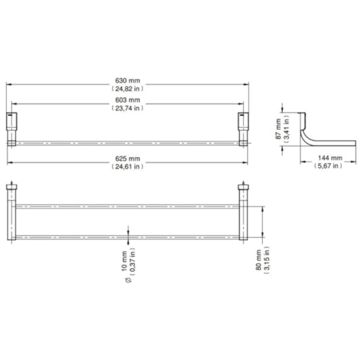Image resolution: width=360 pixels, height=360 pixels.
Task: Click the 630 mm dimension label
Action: (x=128, y=81)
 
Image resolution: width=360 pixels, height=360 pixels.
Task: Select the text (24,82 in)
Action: (x=128, y=88)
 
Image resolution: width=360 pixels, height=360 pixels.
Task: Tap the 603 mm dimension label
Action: (x=128, y=100)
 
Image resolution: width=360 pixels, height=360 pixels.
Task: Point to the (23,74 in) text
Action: (x=128, y=108)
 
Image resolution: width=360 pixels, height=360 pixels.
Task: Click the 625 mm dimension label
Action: (x=128, y=159)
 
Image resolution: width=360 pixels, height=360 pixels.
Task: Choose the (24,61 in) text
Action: (x=128, y=166)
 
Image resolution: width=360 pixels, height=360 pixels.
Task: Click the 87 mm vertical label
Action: (x=278, y=128)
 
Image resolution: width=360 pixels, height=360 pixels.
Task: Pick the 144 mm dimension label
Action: (x=330, y=158)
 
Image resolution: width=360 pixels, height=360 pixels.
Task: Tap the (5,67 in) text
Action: (x=328, y=166)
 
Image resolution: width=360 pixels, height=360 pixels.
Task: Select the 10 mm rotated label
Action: (x=124, y=261)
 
